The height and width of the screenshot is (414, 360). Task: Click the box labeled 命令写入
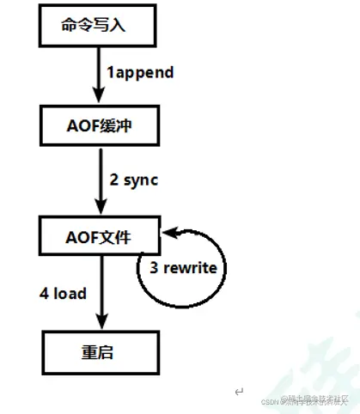click(x=98, y=26)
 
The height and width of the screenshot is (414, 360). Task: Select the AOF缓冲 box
click(x=98, y=129)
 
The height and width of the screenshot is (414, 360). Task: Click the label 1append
click(x=140, y=72)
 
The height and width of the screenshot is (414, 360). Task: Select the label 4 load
click(x=63, y=293)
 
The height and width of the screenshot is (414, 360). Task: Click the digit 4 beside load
click(x=42, y=293)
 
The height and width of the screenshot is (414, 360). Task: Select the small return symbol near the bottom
click(x=239, y=392)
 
